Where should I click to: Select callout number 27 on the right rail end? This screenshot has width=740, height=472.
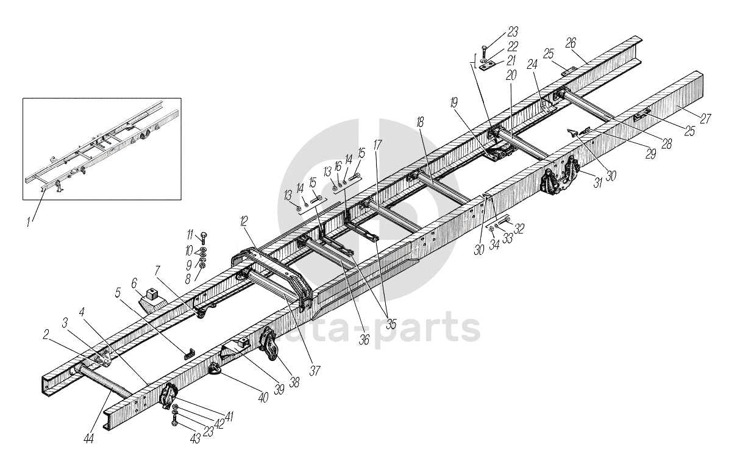pos(705,120)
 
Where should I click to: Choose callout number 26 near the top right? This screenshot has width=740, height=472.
pos(571,42)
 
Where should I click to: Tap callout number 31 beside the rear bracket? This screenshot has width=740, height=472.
pos(598,182)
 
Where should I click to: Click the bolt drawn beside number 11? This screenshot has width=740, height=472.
pos(203,238)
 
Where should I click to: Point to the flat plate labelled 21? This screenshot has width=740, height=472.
pos(486,67)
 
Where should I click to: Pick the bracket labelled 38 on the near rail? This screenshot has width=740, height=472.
pos(269,345)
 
